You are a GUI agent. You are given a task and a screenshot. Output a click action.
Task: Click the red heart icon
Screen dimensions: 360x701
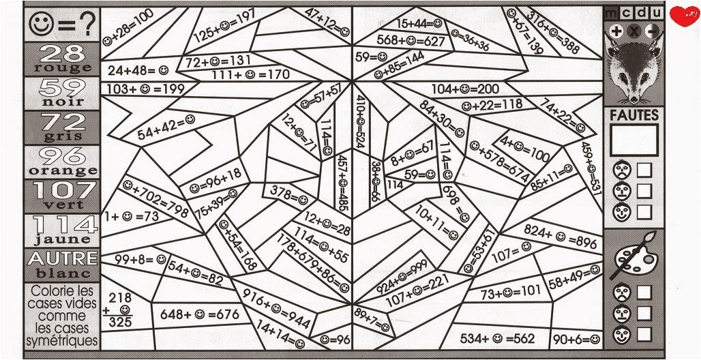coord(683,16)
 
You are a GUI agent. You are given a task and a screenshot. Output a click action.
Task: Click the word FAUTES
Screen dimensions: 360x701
coord(634,116)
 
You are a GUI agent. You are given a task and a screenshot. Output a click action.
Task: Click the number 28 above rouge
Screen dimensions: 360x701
coord(62,52)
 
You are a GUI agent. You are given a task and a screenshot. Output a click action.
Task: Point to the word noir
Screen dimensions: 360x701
coord(62,102)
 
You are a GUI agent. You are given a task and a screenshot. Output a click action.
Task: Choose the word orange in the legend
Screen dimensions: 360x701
coord(62,170)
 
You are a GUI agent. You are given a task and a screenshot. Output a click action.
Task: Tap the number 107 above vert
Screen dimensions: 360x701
coord(62,190)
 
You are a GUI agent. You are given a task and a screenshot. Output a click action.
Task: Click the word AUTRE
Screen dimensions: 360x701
coord(62,258)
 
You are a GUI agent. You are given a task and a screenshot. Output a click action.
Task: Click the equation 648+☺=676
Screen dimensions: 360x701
coord(200,314)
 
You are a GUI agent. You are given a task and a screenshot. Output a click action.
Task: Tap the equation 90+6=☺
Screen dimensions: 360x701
coord(577,338)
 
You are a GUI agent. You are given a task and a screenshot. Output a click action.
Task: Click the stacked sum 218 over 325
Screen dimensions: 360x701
coord(120,310)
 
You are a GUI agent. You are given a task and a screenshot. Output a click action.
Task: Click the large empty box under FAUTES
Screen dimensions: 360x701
coord(634,140)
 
